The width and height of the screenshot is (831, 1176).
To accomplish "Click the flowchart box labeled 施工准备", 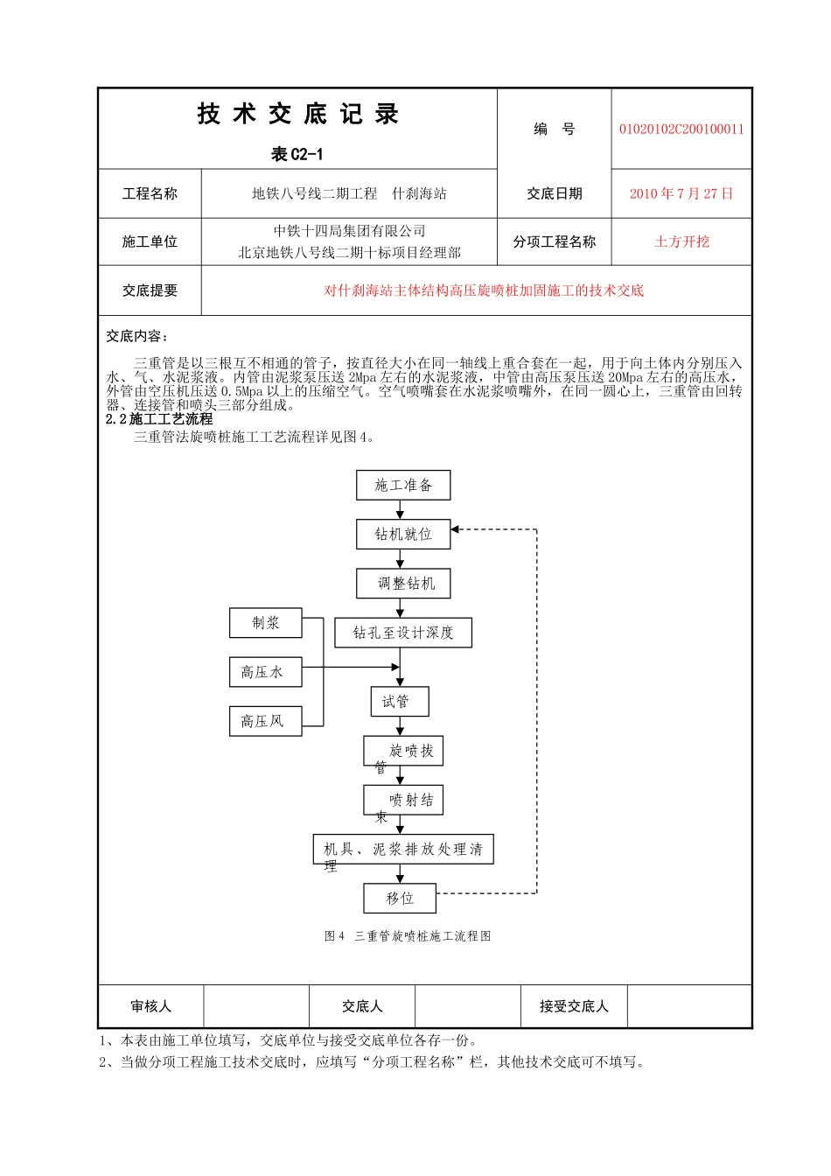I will point(403,486).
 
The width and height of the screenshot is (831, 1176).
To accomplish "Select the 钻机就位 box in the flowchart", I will point(403,535).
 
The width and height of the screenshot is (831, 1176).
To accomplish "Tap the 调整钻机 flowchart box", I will point(403,584).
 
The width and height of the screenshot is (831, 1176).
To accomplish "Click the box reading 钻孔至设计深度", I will point(403,633).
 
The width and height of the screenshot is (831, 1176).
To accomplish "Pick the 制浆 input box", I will point(266,623).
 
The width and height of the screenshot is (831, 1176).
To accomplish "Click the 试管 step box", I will point(400,702).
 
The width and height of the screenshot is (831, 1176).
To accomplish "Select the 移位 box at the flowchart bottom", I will point(400,898).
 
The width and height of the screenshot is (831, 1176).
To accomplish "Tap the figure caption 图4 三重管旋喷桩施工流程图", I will point(408,936).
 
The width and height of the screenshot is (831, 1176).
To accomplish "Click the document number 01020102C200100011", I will point(681,129).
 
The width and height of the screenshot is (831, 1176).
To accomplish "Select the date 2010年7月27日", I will point(681,194).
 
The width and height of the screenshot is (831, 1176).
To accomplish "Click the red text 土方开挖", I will point(681,242).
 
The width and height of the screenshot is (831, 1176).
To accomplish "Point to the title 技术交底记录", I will point(297,115).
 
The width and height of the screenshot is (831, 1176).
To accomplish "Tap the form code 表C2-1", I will point(297,155).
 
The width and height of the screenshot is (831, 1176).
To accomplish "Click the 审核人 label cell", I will point(150,1006).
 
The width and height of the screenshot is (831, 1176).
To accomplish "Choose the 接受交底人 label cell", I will point(574,1006).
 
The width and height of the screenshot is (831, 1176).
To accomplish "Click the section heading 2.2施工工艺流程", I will point(159,419).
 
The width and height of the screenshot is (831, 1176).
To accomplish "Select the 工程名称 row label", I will point(150,194).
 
